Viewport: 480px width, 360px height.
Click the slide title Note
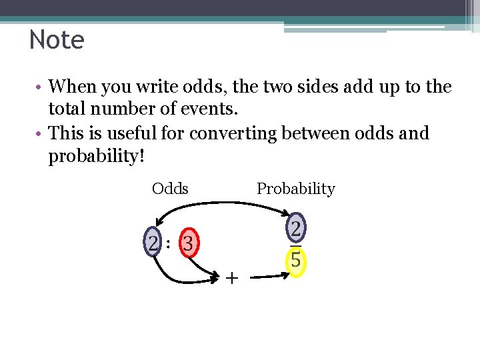click(57, 40)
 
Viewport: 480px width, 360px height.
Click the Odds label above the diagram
click(170, 189)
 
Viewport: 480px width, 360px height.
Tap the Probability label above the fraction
click(295, 189)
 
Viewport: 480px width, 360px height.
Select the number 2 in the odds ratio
click(153, 243)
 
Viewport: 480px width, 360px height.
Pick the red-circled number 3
click(188, 244)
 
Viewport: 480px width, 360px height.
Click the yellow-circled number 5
click(296, 261)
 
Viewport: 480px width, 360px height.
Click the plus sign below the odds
click(231, 278)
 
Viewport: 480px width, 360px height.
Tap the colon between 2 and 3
click(169, 244)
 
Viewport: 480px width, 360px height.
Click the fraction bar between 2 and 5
click(296, 246)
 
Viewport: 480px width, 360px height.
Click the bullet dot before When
click(41, 87)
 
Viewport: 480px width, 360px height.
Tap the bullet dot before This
click(41, 134)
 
